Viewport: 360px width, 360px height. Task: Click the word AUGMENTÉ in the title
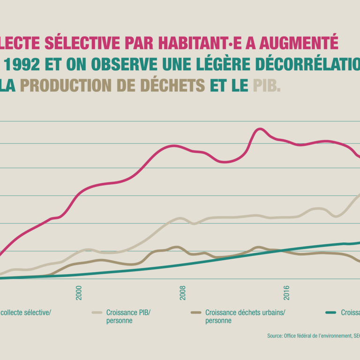tap(298, 43)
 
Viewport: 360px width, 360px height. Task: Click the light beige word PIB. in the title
tap(267, 85)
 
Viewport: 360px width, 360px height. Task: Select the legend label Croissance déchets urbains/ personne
tap(245, 316)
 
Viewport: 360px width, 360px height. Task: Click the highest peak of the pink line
tap(259, 128)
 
